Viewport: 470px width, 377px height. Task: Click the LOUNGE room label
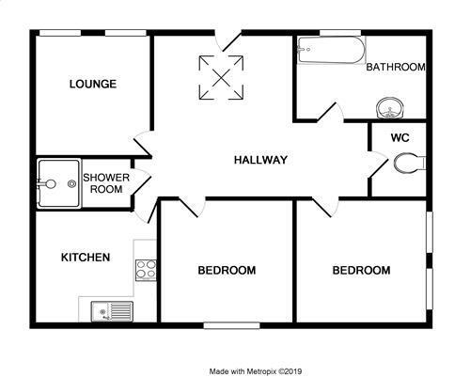pos(93,84)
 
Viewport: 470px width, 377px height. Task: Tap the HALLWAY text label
pos(260,160)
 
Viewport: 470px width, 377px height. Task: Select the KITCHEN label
pos(86,258)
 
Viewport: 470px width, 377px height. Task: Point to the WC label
pos(400,137)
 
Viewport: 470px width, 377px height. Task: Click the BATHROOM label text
pos(396,67)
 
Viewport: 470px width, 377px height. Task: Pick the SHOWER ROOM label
pos(106,183)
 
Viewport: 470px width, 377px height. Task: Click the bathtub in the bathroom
pos(331,50)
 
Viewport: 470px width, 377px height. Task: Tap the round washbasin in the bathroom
pos(390,108)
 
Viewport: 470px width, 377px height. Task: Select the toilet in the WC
pos(409,163)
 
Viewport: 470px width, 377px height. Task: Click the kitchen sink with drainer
pos(112,311)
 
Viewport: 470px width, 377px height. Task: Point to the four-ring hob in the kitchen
pos(146,270)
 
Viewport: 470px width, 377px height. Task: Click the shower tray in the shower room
pos(58,183)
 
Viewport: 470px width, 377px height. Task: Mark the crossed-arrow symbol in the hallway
pos(221,77)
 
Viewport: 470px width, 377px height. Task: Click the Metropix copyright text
pos(256,371)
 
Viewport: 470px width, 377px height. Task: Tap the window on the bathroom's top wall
pos(340,33)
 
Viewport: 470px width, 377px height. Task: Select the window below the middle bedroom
pos(232,325)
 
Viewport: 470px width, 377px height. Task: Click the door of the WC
pos(379,165)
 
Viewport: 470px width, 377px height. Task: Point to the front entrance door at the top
pos(228,40)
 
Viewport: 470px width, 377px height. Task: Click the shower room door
pos(142,182)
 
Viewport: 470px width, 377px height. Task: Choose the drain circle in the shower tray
pos(72,184)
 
